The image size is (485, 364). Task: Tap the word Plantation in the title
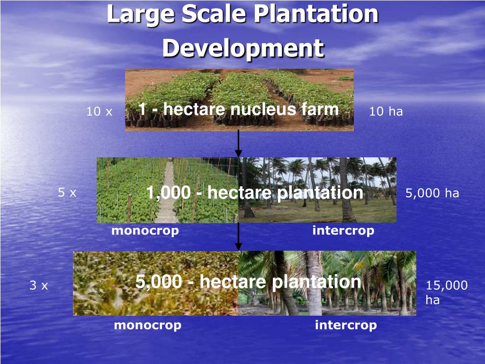pyautogui.click(x=316, y=14)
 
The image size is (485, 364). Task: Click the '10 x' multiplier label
pyautogui.click(x=99, y=112)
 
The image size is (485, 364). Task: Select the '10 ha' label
pyautogui.click(x=386, y=112)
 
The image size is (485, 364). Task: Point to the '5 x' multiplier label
pyautogui.click(x=67, y=192)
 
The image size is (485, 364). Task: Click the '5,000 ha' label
pyautogui.click(x=432, y=193)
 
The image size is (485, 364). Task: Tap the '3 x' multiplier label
pyautogui.click(x=39, y=286)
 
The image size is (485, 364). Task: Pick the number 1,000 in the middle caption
pyautogui.click(x=168, y=193)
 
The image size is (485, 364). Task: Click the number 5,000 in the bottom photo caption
pyautogui.click(x=158, y=282)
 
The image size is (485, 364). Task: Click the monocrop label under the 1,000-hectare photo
pyautogui.click(x=145, y=231)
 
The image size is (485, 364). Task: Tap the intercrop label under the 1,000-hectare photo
pyautogui.click(x=343, y=231)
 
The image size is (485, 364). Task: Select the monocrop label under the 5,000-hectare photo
pyautogui.click(x=147, y=325)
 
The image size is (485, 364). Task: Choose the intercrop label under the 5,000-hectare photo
pyautogui.click(x=346, y=325)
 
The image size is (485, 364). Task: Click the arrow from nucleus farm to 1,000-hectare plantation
pyautogui.click(x=238, y=142)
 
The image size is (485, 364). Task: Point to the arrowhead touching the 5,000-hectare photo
pyautogui.click(x=238, y=246)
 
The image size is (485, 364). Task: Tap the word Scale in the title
pyautogui.click(x=214, y=14)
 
